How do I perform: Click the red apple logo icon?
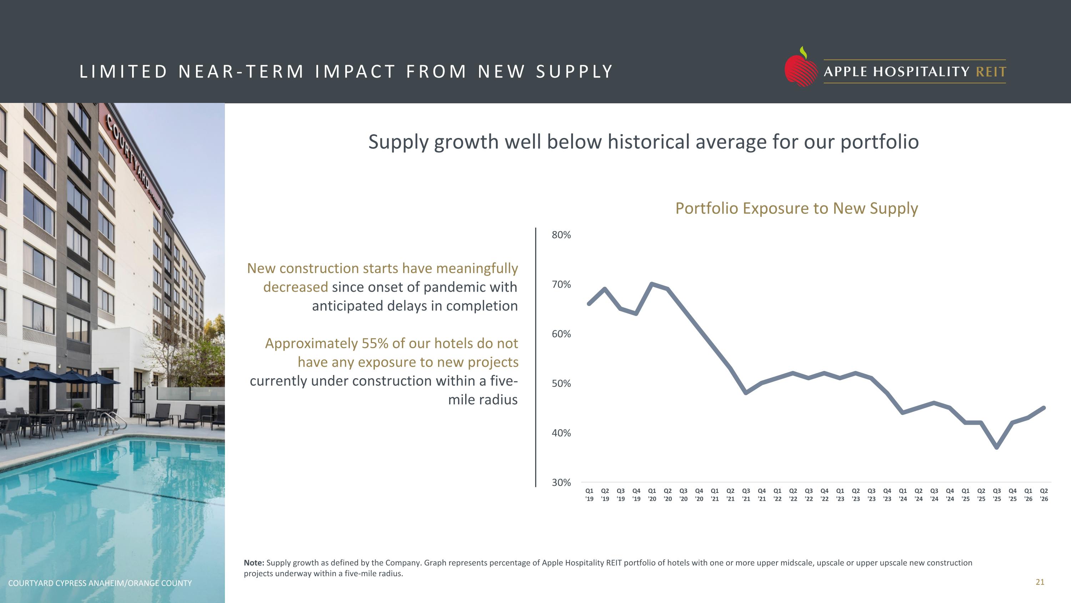point(801,68)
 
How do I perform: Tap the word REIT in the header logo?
point(991,72)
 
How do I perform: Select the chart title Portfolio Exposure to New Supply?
point(796,208)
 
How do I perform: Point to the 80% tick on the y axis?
point(561,235)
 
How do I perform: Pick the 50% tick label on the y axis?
point(561,383)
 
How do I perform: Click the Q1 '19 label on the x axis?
point(589,495)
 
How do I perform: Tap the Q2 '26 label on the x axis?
point(1044,495)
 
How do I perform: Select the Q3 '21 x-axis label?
point(746,495)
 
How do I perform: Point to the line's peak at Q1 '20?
point(652,284)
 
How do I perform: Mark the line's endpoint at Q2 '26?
point(1044,408)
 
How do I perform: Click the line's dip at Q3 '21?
point(746,392)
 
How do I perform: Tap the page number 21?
point(1040,582)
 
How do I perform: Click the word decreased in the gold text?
point(296,287)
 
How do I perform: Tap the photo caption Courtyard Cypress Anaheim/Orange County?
point(100,583)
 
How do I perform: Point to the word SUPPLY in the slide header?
point(574,71)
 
